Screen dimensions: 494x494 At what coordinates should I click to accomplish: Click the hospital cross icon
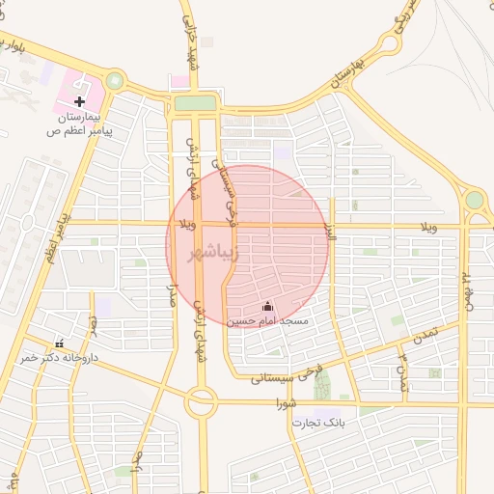79,100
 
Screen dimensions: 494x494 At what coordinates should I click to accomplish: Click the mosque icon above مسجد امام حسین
268,306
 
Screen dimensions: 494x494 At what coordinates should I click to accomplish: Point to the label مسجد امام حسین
268,319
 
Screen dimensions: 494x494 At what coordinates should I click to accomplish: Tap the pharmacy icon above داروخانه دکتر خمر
60,343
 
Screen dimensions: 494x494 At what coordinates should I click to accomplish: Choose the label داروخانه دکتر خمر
60,357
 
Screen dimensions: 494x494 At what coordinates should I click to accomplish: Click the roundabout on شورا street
202,400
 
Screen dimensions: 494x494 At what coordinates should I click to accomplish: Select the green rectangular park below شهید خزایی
195,103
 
